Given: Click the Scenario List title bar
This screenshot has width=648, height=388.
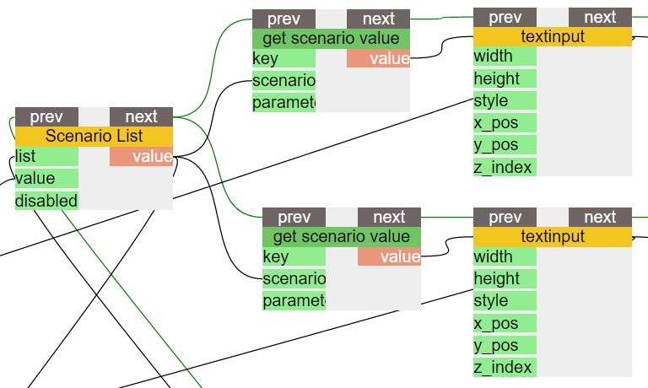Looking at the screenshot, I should [x=94, y=136].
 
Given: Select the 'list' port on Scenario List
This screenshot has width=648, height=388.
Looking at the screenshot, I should [x=46, y=156].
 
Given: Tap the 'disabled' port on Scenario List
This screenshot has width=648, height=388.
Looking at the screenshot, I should [x=46, y=201].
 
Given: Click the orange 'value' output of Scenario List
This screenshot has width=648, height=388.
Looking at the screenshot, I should [x=141, y=156].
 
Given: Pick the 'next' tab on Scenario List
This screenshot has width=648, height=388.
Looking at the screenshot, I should [x=141, y=116].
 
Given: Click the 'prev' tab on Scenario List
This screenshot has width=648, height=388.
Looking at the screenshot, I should [x=46, y=116].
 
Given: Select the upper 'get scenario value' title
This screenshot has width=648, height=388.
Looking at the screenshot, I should [x=331, y=38].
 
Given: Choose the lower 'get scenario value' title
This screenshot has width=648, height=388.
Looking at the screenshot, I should [x=342, y=236].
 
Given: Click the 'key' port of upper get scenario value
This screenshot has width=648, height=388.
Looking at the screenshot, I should [x=283, y=58].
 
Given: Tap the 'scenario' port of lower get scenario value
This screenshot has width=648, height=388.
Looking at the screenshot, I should [x=294, y=278].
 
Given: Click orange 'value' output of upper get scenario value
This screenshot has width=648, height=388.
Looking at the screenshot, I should [x=378, y=58].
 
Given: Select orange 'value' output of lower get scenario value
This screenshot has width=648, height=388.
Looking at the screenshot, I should [x=389, y=256].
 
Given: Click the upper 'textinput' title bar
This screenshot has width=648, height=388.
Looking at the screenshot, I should [x=553, y=37].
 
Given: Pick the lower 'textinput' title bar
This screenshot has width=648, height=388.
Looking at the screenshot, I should [x=553, y=236].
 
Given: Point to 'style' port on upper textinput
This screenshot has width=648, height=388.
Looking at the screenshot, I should [x=505, y=101].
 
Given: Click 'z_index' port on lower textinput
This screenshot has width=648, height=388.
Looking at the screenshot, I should [x=505, y=367].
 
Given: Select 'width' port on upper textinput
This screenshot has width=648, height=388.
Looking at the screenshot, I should [x=505, y=57].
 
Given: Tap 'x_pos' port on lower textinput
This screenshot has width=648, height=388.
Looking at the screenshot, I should [x=505, y=323].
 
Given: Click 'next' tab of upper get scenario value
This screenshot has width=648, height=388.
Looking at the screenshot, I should [x=378, y=19].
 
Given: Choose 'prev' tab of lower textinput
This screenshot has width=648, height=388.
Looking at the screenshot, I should [x=505, y=217].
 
